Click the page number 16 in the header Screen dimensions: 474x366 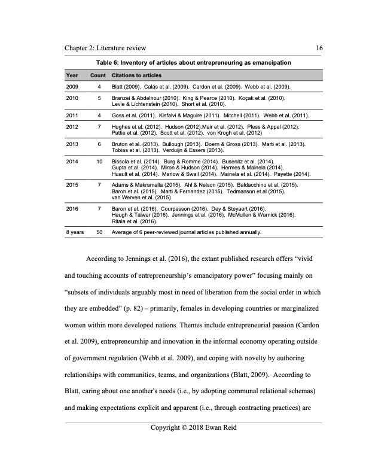pos(319,48)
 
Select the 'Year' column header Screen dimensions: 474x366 pos(72,75)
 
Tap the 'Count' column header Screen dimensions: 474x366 pos(98,75)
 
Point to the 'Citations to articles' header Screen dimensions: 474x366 pos(137,75)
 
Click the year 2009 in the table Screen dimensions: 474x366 pos(72,87)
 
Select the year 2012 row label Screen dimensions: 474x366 pos(72,128)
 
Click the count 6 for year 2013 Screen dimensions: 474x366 pos(99,145)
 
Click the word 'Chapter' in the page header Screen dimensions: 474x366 pos(79,48)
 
